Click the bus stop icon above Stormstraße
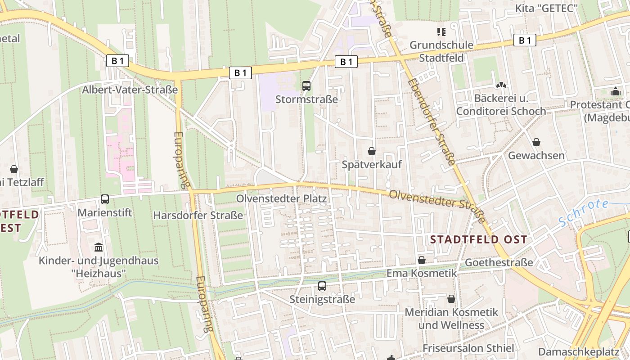306,85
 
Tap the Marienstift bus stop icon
105,199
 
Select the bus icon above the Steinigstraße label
322,286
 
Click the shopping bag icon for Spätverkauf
372,151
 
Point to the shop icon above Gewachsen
536,142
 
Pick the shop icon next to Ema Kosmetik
422,260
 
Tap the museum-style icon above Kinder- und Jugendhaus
99,247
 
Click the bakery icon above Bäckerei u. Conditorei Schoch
501,85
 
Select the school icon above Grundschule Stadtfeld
441,31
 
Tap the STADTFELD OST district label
478,239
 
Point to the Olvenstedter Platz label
282,198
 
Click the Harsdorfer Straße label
198,216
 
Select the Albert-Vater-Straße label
130,90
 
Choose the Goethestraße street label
499,262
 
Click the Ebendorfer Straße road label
432,121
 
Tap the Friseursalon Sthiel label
468,348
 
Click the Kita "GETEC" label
546,9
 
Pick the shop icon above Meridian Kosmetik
451,299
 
